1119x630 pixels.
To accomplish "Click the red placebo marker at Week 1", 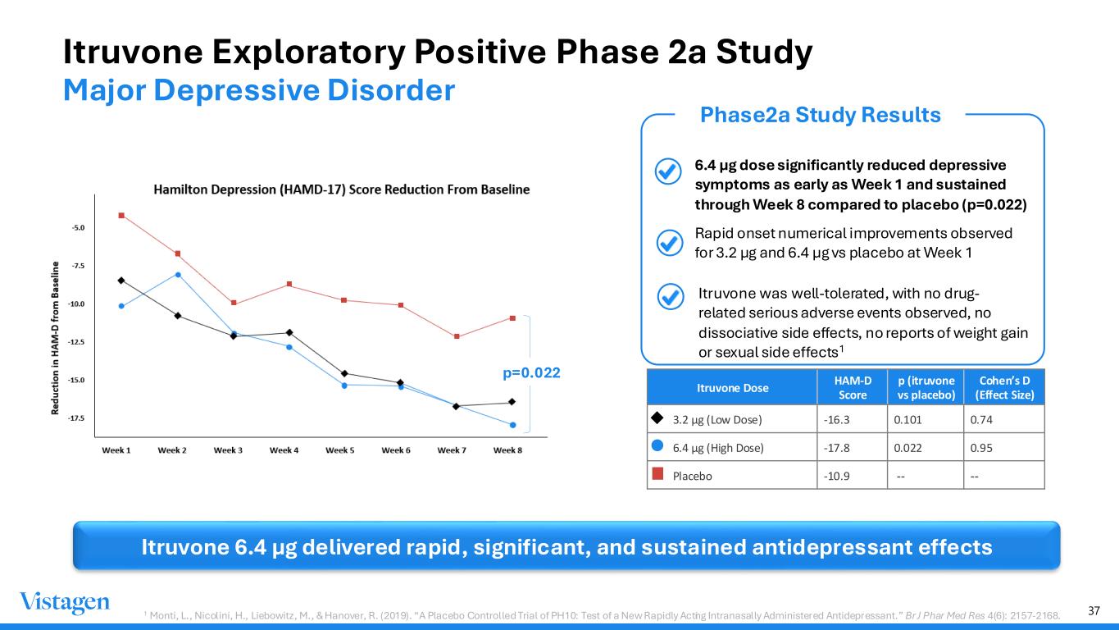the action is point(121,216).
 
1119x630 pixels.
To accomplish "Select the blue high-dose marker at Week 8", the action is point(513,425).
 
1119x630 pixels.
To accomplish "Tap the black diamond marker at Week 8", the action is point(512,401).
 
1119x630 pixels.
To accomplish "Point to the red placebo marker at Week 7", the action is point(457,336).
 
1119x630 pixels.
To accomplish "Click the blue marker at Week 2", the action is point(178,275).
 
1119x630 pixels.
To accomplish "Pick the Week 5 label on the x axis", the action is point(339,450).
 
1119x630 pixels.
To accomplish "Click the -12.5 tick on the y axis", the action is point(76,342).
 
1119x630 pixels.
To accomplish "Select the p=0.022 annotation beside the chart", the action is point(531,372).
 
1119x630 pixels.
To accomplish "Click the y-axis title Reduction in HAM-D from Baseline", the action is point(55,338).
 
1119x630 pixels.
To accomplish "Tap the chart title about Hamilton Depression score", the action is point(342,189).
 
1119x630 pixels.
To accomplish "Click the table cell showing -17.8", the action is point(836,448).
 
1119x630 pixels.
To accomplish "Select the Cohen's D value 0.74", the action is point(981,419).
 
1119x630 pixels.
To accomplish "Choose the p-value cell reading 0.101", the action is point(907,419).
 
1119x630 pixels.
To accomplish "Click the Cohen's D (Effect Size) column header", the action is point(1004,387).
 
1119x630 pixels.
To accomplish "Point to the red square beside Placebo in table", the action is point(658,473).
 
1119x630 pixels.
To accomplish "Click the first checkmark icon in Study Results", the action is point(668,171).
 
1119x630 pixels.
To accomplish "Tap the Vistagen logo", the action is point(65,602).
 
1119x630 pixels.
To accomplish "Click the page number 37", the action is point(1094,610).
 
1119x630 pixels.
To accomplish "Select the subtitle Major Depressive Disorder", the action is point(259,90).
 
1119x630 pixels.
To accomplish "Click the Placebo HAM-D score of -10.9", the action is point(836,476).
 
